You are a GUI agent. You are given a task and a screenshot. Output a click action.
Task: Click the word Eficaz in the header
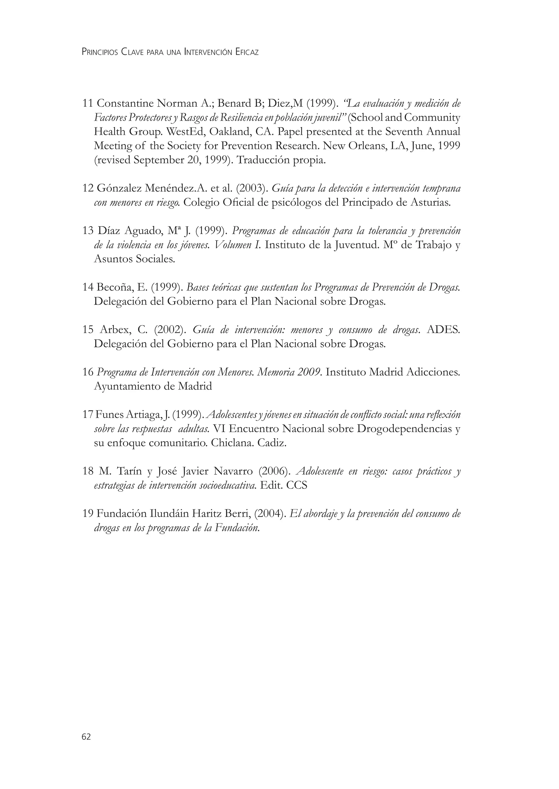coord(247,52)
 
